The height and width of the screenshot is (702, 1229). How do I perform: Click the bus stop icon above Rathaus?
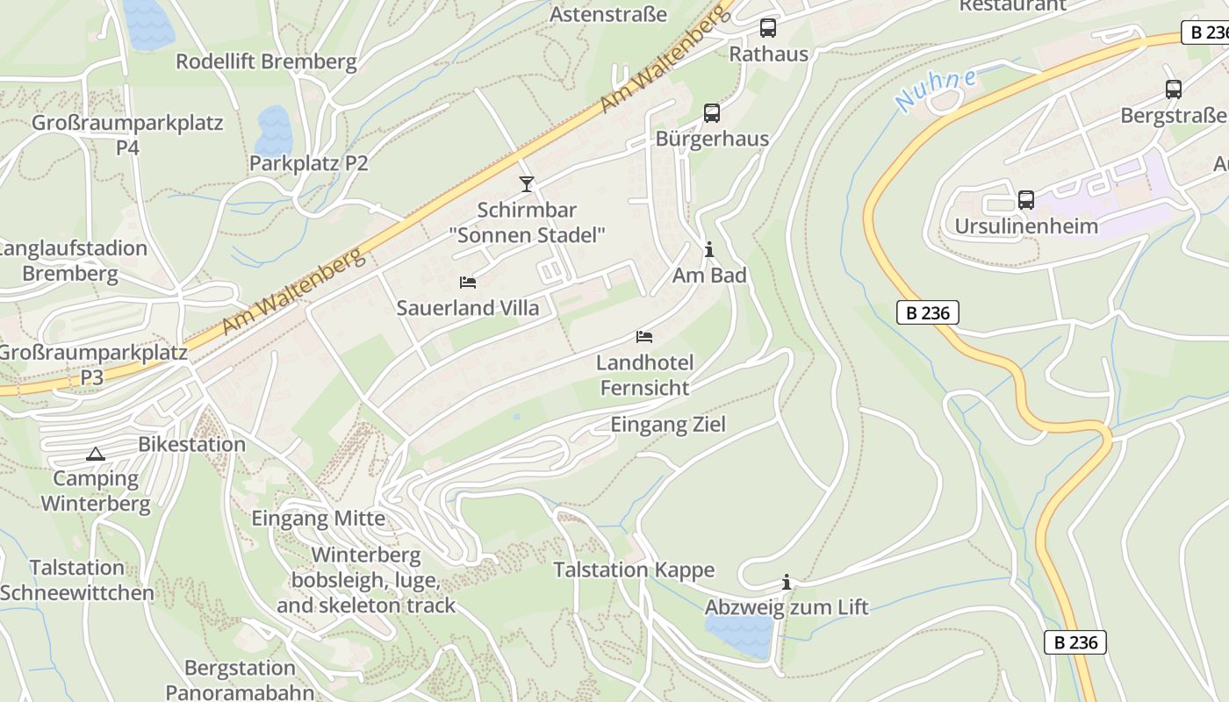coord(768,28)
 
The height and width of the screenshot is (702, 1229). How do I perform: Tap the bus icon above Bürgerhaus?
coord(712,113)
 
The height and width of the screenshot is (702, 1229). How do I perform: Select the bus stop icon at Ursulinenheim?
coord(1025,200)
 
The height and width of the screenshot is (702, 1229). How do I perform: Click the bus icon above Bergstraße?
coord(1174,89)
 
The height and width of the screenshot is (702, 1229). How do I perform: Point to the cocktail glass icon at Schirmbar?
coord(527,183)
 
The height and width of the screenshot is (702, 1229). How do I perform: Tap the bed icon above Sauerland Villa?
coord(468,283)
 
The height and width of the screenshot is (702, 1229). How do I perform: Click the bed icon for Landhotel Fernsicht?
coord(644,337)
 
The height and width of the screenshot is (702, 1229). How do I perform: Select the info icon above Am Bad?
coord(709,250)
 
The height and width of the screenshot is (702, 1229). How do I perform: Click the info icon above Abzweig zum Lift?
coord(787,582)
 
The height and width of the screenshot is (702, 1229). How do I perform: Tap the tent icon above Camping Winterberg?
coord(95,454)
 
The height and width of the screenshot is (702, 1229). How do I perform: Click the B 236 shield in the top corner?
coord(1205,32)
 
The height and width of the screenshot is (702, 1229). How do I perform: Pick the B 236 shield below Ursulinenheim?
coord(927,312)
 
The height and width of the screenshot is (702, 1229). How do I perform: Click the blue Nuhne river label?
coord(936,89)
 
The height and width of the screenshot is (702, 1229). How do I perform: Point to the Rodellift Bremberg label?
coord(266,61)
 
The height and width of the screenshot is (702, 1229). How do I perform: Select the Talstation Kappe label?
coord(634,569)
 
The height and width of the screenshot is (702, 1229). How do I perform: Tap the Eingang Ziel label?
coord(668,425)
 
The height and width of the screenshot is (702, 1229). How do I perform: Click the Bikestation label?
coord(191,444)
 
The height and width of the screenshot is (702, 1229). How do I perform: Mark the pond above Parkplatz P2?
coord(273,130)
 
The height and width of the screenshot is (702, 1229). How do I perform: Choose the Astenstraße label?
coord(608,14)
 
